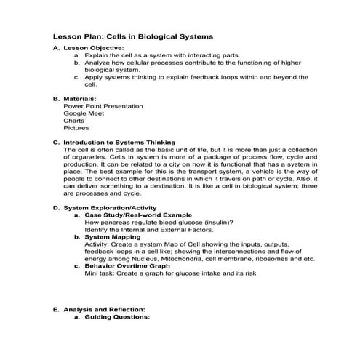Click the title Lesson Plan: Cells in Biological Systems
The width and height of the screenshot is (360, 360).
(134, 36)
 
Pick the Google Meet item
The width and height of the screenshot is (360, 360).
(84, 113)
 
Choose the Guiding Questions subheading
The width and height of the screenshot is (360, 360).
(116, 317)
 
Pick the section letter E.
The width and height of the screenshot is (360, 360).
(57, 309)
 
